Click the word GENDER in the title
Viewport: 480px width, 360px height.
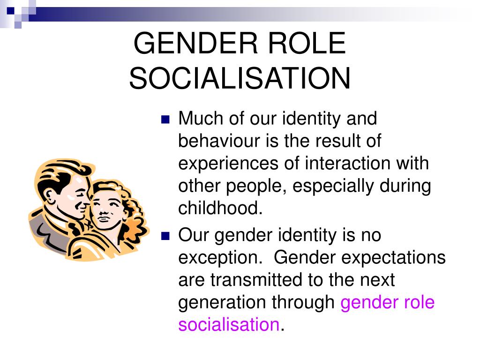(196, 43)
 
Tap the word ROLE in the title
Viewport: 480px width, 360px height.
(307, 43)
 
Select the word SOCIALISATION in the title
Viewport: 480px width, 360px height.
(240, 78)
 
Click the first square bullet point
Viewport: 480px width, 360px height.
(165, 119)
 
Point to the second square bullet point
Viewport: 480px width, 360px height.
(165, 236)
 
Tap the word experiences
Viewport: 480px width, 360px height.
(228, 164)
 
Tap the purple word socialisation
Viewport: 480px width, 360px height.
(229, 324)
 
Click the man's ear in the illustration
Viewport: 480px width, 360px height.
(50, 195)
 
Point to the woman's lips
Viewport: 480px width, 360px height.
(103, 218)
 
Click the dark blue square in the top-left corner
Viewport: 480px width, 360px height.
(11, 11)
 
